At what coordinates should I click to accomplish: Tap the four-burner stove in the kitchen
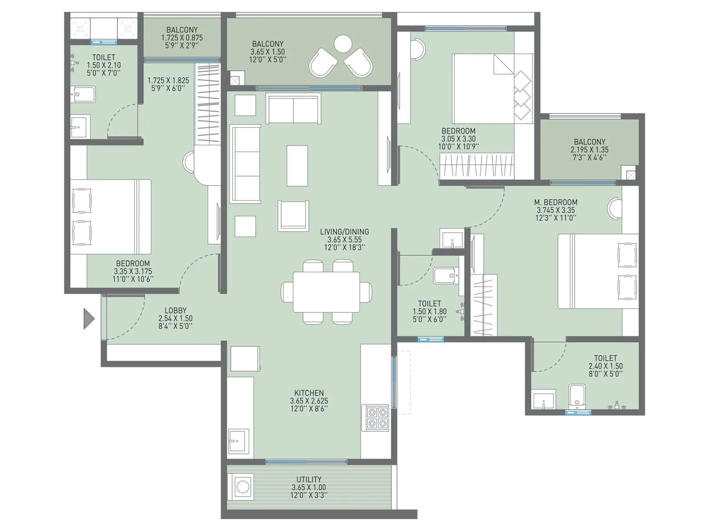click(376, 418)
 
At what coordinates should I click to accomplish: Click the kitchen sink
click(238, 441)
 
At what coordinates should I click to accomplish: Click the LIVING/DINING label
click(344, 231)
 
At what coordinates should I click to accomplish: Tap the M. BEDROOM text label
click(555, 202)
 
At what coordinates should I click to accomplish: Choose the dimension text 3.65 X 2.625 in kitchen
click(309, 401)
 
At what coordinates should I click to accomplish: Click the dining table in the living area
click(327, 292)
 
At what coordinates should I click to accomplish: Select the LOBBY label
click(175, 311)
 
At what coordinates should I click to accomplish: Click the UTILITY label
click(309, 479)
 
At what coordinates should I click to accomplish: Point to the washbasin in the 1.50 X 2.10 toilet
click(80, 127)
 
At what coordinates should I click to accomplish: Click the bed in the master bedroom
click(598, 271)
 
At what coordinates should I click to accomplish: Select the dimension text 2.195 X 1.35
click(589, 150)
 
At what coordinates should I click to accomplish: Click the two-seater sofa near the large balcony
click(293, 109)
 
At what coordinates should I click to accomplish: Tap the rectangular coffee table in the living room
click(297, 165)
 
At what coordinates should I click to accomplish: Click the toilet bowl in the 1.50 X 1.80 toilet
click(446, 276)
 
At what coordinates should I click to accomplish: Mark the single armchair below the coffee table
click(293, 215)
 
